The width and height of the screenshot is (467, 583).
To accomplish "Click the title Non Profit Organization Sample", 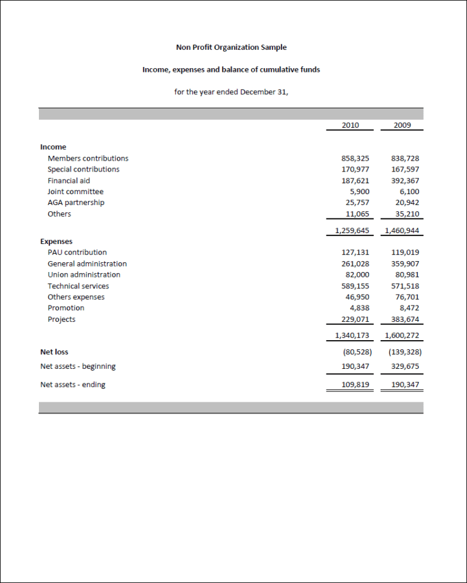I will click(231, 47).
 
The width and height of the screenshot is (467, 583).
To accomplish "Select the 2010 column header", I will click(350, 125).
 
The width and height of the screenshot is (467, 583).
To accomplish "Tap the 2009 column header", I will click(402, 125).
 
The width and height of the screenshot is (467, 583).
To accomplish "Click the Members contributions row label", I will click(88, 158).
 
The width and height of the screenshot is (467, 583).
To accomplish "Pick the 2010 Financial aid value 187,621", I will click(355, 181).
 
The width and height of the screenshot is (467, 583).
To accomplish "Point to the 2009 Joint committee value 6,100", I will click(409, 192).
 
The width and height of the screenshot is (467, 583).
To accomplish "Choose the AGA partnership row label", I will click(76, 203).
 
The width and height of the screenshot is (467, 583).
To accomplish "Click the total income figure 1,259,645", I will click(352, 231).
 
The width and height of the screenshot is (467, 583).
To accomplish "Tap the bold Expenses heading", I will click(56, 242).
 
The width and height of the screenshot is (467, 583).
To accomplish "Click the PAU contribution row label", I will click(77, 253).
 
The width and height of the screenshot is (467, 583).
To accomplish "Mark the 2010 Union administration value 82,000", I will click(358, 275).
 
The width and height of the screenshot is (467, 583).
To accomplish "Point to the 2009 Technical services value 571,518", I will click(405, 286).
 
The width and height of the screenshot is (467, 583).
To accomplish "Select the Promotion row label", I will click(66, 308).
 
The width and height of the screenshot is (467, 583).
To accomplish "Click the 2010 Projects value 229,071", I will click(355, 319).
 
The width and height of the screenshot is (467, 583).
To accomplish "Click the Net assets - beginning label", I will click(78, 366).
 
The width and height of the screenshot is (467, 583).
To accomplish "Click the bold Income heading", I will click(53, 147).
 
